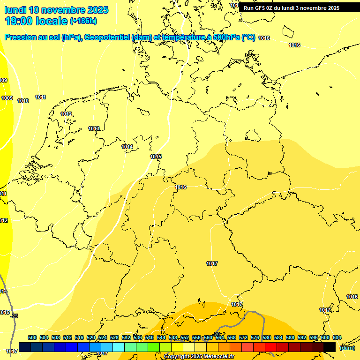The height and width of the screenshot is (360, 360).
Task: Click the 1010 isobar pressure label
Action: [x=23, y=101]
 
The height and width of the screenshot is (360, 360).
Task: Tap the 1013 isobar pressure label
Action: [x=94, y=128]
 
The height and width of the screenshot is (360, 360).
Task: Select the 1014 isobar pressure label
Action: [x=127, y=147]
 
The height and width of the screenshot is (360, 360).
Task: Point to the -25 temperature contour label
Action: [x=14, y=316]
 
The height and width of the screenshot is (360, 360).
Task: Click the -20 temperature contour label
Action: [x=217, y=334]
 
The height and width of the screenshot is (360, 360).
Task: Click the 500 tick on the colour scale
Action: [x=32, y=337]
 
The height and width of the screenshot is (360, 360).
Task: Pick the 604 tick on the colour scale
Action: [x=337, y=337]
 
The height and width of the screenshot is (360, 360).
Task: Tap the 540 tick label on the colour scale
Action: [x=150, y=337]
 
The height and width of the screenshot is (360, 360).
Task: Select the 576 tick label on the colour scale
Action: [x=255, y=337]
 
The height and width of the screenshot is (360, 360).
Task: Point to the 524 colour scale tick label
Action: [x=103, y=337]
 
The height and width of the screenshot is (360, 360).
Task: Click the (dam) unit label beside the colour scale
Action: [x=347, y=347]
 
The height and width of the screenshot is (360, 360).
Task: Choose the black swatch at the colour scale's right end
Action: [x=330, y=347]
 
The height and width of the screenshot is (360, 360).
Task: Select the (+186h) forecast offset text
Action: [x=83, y=21]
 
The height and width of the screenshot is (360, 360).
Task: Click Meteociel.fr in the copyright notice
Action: [x=216, y=357]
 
